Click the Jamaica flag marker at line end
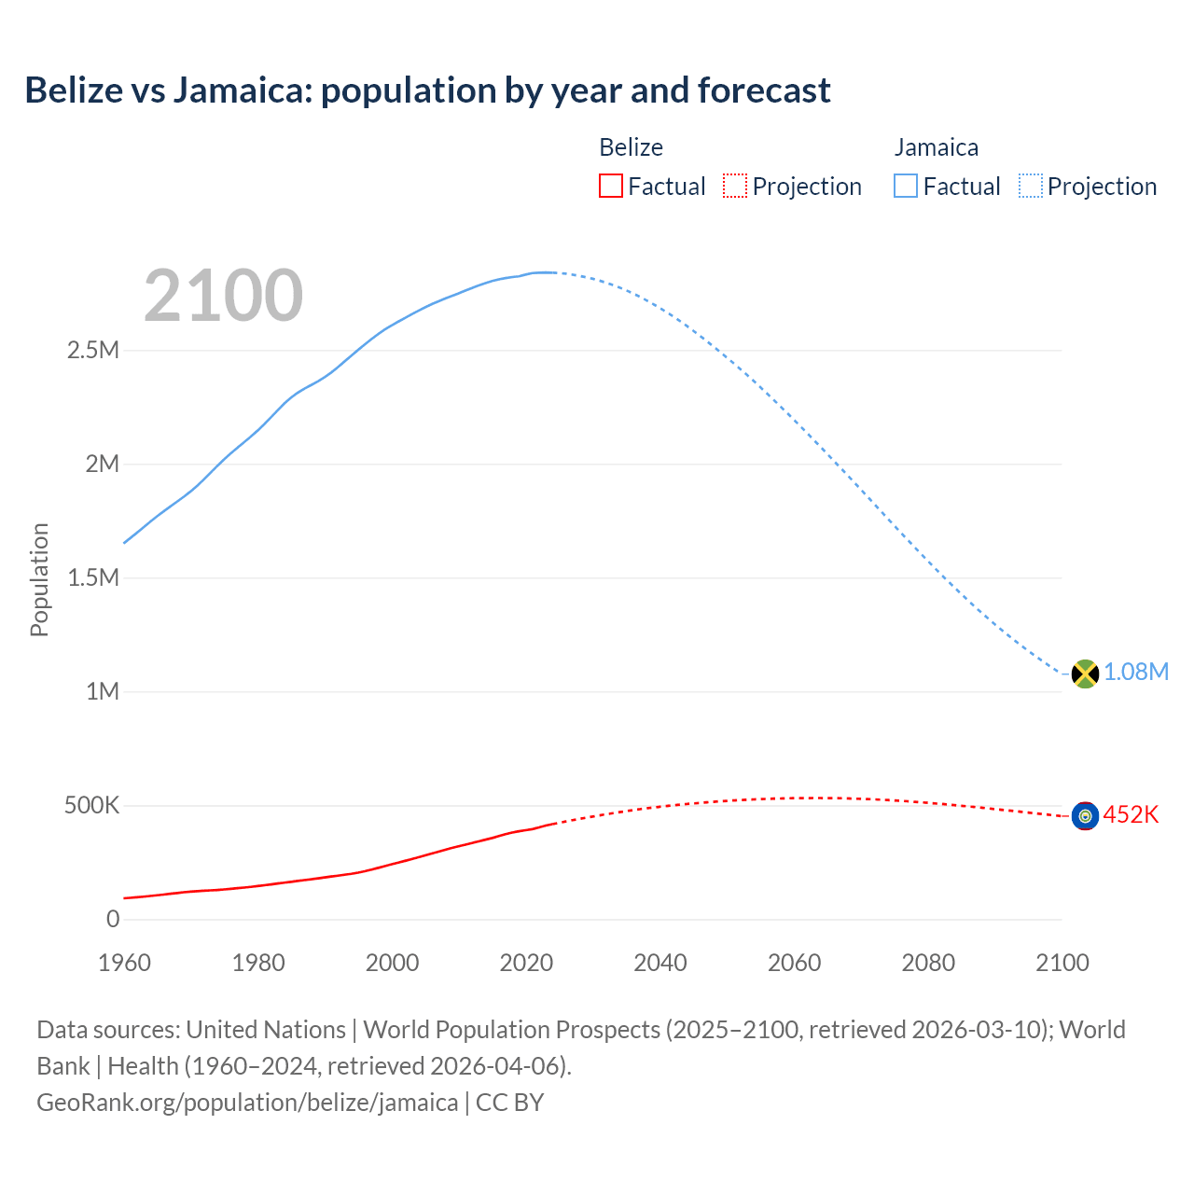[x=1085, y=673]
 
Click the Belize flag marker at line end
[x=1085, y=816]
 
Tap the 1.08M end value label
[x=1136, y=673]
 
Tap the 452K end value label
[x=1131, y=815]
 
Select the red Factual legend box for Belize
[x=610, y=187]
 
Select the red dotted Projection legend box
[x=735, y=187]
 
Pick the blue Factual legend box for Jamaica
[x=905, y=187]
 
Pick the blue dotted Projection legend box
[x=1031, y=187]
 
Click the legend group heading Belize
[x=631, y=147]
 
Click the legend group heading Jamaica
[x=936, y=147]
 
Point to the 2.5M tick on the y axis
[x=93, y=351]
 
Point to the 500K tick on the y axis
[x=91, y=806]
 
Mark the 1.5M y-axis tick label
[x=93, y=578]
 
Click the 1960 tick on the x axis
[x=124, y=963]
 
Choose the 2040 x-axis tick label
[x=660, y=963]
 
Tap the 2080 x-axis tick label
[x=928, y=963]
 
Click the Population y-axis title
[x=39, y=579]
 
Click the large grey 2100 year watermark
[x=223, y=296]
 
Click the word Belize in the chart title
[x=74, y=90]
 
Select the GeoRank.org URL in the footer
[x=247, y=1103]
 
